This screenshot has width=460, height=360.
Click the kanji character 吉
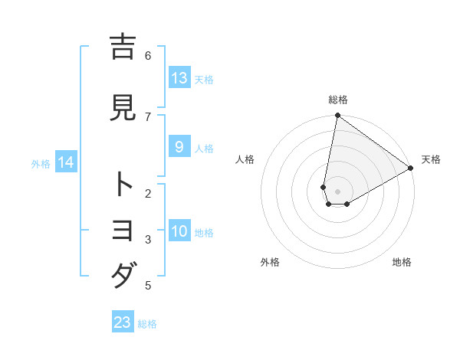point(123,47)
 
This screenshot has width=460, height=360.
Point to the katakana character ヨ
point(123,230)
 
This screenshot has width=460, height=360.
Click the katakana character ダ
point(123,274)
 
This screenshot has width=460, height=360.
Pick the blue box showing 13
point(179,78)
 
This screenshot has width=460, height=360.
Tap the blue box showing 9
point(179,147)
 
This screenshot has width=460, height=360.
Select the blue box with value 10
point(179,232)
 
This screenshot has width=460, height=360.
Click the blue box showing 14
point(66,162)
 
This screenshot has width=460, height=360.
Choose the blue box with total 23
point(123,322)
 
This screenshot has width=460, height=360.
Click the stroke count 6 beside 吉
point(148,55)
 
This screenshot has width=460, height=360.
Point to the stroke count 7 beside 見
point(148,116)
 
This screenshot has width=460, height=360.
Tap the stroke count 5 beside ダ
point(148,286)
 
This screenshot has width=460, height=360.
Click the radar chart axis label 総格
point(338,100)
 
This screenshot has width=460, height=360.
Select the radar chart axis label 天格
point(431,159)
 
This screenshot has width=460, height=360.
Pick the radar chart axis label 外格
point(269,262)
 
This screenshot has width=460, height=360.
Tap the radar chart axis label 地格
point(402,262)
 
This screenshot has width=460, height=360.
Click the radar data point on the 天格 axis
point(411,169)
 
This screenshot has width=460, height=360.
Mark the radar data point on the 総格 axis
point(337,116)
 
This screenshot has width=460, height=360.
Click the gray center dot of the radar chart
point(337,191)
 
